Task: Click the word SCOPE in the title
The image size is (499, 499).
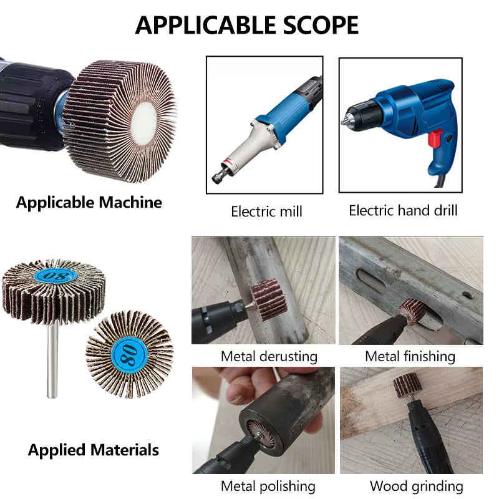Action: coord(321,25)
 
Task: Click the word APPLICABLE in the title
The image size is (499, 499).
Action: coord(206,25)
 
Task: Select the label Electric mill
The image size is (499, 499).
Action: coord(266,211)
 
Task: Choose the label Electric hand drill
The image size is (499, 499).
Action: coord(403,211)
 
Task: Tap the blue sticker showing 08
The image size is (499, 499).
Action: coord(56,275)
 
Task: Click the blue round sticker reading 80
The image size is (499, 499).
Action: coord(130,354)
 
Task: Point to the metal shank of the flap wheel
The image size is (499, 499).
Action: coord(52,360)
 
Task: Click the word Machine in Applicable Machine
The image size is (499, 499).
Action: coord(130,202)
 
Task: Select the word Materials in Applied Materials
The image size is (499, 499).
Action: coord(124,450)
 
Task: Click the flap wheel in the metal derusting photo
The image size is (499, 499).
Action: coord(269,300)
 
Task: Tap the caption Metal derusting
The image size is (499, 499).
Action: coord(269,356)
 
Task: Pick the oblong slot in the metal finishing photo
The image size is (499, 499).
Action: coord(372,280)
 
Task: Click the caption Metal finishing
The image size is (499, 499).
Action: coord(410,356)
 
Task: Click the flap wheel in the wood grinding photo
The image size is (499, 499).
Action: coord(407,385)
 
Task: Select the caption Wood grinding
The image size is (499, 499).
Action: coord(416,487)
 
